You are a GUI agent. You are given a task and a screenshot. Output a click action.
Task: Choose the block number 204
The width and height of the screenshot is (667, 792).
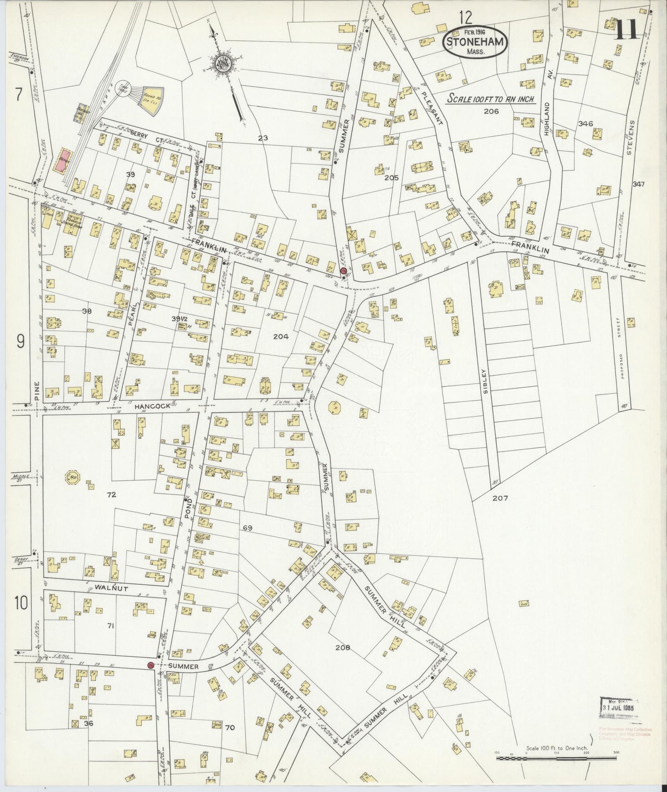click(281, 336)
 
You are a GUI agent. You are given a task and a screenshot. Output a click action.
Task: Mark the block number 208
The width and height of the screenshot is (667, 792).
click(343, 647)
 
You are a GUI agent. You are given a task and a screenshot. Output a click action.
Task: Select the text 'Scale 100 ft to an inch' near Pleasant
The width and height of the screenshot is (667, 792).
click(490, 99)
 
